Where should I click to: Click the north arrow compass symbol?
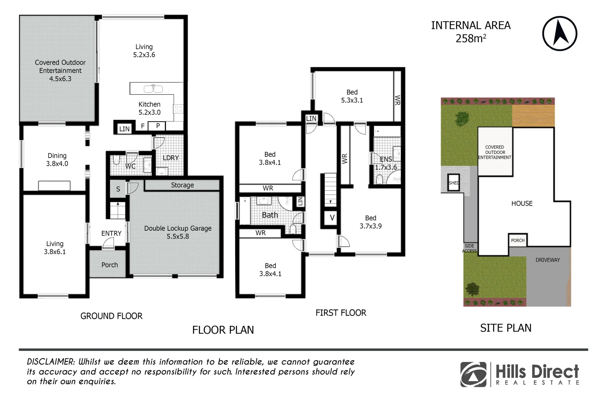tap(559, 33)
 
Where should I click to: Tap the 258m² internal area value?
tap(471, 39)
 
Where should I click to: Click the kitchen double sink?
tap(153, 89)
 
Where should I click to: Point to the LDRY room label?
tap(170, 158)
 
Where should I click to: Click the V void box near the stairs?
tap(332, 218)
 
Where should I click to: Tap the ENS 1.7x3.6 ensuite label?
tap(386, 163)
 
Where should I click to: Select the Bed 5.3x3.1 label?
tap(352, 96)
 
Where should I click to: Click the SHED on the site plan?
tap(454, 183)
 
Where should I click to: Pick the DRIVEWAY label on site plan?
tap(547, 260)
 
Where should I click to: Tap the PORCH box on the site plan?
tap(518, 241)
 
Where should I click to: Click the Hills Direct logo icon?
tap(474, 374)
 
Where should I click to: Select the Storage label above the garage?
tap(182, 185)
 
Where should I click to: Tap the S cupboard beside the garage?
tap(118, 189)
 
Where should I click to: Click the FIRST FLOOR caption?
tap(341, 313)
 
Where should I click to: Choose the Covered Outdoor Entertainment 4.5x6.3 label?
tap(60, 70)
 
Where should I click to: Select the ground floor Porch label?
tap(109, 265)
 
